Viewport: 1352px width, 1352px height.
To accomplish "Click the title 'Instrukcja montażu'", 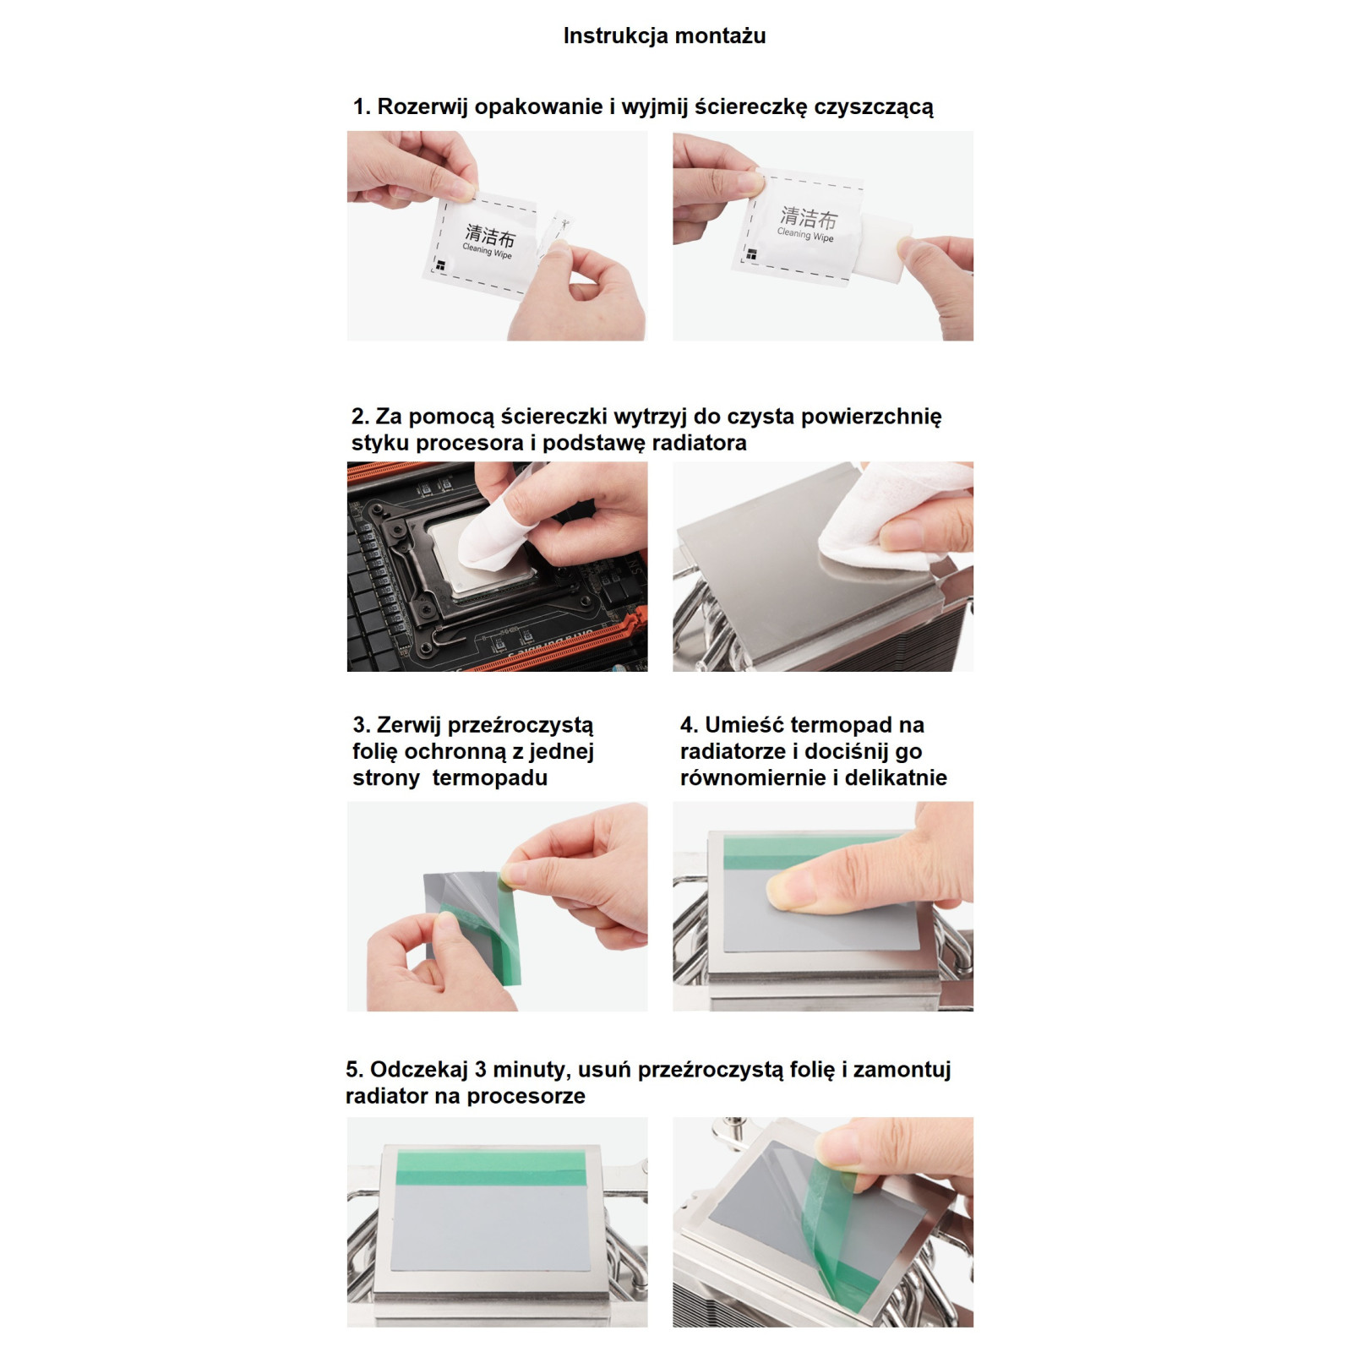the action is [664, 36].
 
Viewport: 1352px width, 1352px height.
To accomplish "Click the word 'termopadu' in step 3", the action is [490, 778].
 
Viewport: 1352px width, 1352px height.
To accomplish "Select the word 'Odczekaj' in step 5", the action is [419, 1070].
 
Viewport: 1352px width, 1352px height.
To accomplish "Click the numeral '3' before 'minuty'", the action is [480, 1070].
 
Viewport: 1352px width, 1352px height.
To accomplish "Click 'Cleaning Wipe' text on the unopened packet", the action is [488, 251].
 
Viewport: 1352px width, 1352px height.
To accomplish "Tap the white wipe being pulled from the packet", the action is [884, 243].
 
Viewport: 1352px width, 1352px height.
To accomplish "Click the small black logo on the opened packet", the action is [751, 254].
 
